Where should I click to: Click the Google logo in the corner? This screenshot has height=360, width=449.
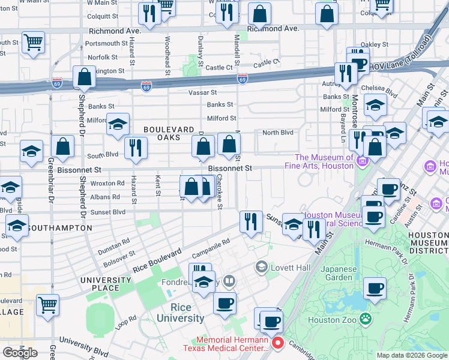point(20,353)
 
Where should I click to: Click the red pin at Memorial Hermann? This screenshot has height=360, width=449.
point(278,343)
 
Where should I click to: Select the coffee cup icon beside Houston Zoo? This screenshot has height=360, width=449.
point(376,289)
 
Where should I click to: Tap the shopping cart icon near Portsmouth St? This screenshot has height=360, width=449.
point(34,43)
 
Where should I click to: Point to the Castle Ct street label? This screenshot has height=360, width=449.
point(267,62)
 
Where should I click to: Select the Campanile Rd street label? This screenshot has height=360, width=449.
point(211,245)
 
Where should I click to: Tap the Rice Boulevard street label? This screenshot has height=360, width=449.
point(158,260)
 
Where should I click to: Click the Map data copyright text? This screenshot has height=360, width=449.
point(411,355)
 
